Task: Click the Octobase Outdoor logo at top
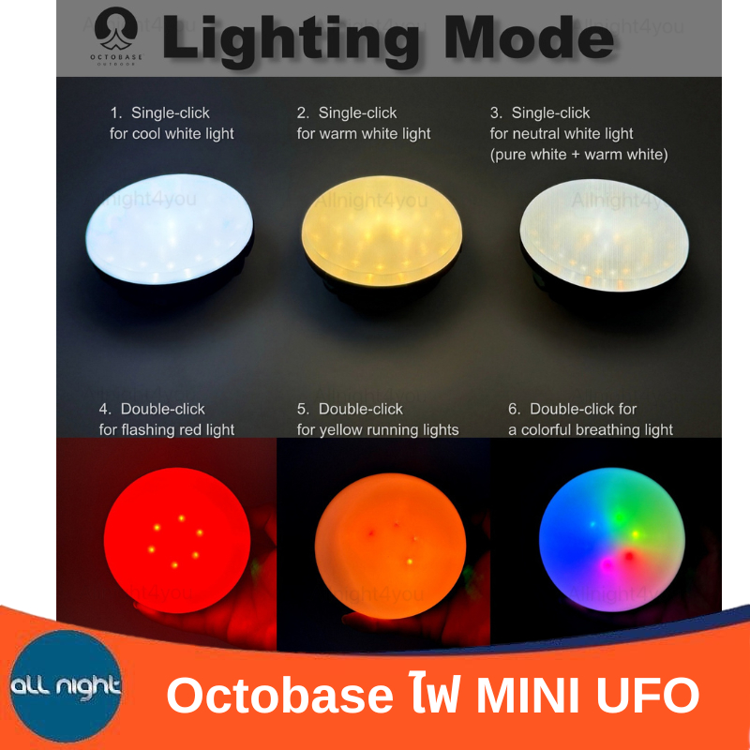pos(116,36)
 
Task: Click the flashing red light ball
pos(177,540)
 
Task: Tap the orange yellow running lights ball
pos(390,546)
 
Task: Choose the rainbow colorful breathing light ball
pos(612,540)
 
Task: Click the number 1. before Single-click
pos(116,112)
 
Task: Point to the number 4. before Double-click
pos(105,409)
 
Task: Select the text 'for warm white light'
pos(364,133)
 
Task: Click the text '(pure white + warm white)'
pos(578,155)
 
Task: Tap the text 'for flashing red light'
pos(167,429)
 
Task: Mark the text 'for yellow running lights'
pos(378,429)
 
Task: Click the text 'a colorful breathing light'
pos(591,429)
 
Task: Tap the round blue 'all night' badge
pos(66,686)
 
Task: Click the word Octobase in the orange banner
pos(279,696)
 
